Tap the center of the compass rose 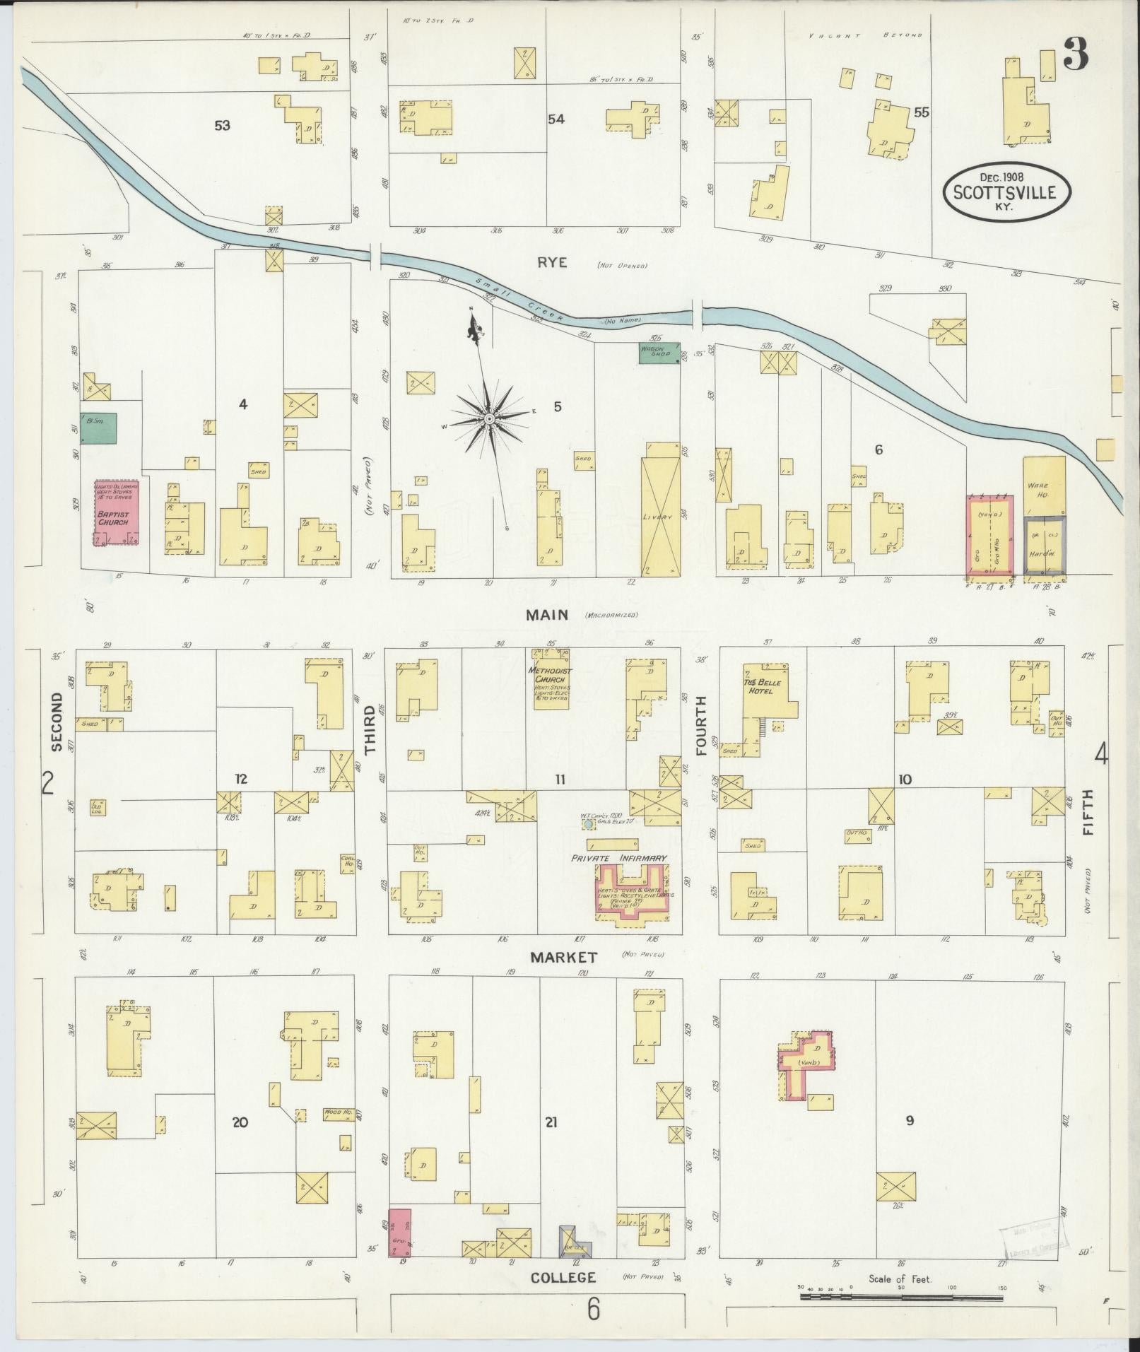(x=489, y=418)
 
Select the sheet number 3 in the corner (x=1075, y=54)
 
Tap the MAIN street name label (x=546, y=615)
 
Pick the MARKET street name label (x=564, y=957)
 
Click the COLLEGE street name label (x=563, y=1277)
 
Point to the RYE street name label (x=552, y=262)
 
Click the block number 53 (x=223, y=126)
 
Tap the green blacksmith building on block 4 (x=98, y=428)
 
